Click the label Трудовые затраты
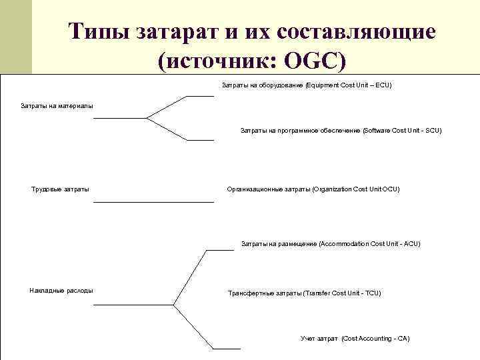[x=60, y=189]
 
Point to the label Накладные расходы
[x=61, y=290]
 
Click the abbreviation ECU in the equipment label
[x=383, y=85]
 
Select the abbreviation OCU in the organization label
[x=391, y=189]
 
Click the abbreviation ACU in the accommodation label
[x=411, y=244]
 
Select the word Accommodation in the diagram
[x=345, y=244]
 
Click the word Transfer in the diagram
[x=319, y=293]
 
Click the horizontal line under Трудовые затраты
[x=153, y=202]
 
